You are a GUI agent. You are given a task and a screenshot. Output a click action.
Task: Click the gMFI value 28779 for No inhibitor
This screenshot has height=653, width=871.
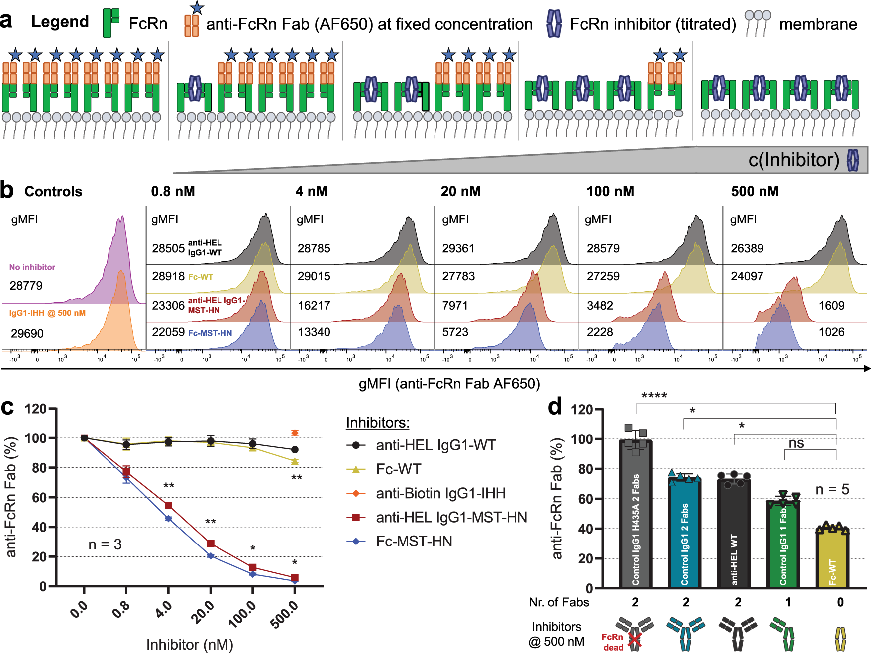[x=26, y=286]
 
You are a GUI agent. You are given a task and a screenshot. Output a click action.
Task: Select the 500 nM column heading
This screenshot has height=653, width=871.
[x=755, y=191]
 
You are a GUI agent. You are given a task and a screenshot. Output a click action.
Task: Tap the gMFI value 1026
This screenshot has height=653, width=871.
[x=831, y=332]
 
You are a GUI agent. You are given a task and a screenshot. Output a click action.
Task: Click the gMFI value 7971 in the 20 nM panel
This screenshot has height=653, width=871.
[x=455, y=306]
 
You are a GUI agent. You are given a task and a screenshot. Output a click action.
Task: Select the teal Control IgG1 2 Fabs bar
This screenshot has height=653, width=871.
[x=685, y=533]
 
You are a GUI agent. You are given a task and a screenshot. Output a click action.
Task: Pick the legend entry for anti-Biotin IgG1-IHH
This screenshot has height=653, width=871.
[x=440, y=493]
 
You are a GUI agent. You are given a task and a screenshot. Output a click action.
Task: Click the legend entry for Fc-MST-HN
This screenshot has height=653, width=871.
[x=414, y=541]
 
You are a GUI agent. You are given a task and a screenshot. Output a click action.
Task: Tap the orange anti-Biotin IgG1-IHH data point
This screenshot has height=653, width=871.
[x=295, y=433]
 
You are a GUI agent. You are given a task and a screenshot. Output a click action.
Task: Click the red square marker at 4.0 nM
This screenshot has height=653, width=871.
[x=168, y=506]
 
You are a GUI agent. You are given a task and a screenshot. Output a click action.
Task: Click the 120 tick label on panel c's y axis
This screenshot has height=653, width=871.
[x=36, y=409]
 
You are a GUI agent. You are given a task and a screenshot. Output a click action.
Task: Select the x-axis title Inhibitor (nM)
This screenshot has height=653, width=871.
[x=190, y=645]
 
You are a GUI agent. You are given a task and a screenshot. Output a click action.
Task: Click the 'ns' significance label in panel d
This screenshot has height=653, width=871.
[x=796, y=443]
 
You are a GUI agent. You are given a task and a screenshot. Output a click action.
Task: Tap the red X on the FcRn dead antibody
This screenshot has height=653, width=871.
[x=634, y=640]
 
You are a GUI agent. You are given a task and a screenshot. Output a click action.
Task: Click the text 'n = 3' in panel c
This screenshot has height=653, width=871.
[x=105, y=544]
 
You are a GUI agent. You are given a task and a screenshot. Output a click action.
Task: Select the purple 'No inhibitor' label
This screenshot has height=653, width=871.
[x=32, y=267]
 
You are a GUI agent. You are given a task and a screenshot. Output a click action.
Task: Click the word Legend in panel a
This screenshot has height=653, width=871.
[x=60, y=22]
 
